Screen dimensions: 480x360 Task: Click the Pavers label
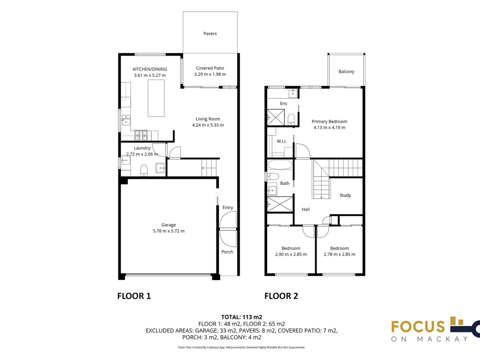pos(210,34)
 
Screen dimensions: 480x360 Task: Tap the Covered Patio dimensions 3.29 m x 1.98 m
pos(210,74)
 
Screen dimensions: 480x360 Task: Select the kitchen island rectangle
pos(156,98)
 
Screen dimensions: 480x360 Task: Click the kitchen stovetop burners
pos(141,135)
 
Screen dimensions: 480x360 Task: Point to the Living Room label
pos(208,119)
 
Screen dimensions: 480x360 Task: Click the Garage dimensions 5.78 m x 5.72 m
pos(169,231)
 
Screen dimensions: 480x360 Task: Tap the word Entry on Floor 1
pos(228,208)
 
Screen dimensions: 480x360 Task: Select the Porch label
pos(227,252)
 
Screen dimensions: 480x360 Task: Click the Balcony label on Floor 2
pos(346,72)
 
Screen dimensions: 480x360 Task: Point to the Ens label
pos(284,103)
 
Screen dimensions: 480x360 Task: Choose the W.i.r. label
pos(282,141)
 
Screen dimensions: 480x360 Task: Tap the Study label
pos(345,196)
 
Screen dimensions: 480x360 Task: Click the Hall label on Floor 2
pos(306,209)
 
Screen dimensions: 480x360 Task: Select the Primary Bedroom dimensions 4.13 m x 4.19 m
pos(329,128)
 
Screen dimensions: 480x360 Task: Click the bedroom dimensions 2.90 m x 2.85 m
pos(291,254)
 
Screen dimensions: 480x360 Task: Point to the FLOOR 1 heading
pos(134,296)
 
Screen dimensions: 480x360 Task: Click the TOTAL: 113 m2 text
pos(242,317)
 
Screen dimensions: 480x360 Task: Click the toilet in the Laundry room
pos(144,170)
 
